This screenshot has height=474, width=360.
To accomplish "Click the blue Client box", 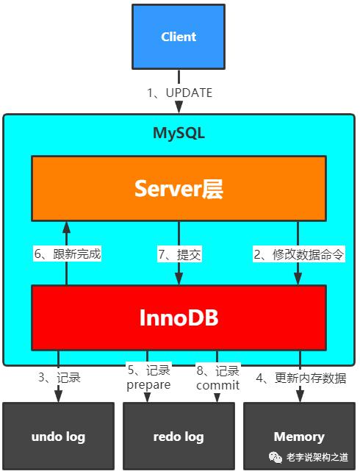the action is [x=179, y=37].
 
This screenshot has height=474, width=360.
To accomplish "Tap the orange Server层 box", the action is [x=179, y=188].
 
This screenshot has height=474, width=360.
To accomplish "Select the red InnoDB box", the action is [x=179, y=317].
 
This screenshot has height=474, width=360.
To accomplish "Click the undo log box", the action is [x=58, y=437].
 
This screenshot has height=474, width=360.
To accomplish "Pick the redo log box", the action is [x=179, y=437].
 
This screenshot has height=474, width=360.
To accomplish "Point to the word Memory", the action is [x=299, y=437].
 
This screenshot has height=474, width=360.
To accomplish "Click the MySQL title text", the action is [x=179, y=133].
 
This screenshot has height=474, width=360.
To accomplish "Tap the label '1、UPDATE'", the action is [x=180, y=93].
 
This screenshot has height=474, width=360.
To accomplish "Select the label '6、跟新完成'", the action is [x=68, y=254].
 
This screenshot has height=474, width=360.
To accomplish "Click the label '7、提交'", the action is [x=179, y=254].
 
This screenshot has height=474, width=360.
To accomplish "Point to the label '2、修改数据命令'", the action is [x=298, y=254].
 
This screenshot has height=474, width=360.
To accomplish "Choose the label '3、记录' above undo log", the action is [x=60, y=377].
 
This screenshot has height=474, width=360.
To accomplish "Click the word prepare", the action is [x=148, y=385].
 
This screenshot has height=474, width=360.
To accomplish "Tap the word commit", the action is [x=217, y=385].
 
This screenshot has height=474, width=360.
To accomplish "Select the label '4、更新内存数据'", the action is [x=301, y=378].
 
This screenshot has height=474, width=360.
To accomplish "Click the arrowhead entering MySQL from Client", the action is [x=179, y=107].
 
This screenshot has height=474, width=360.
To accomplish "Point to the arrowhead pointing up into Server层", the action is [x=67, y=227].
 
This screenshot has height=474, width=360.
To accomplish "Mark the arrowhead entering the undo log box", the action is [x=58, y=396].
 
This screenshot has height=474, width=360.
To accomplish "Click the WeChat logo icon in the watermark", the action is [x=276, y=457].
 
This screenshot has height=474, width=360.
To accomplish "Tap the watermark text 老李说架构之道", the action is [x=317, y=457].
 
